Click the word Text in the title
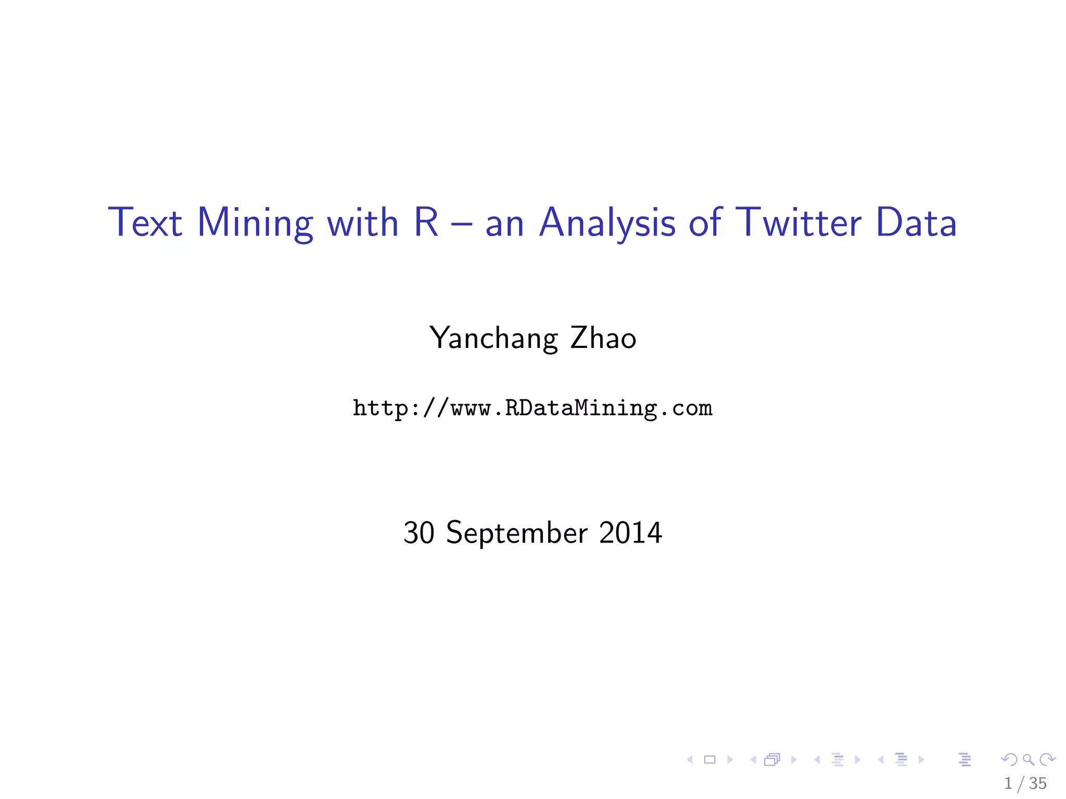pyautogui.click(x=145, y=223)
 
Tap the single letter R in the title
pyautogui.click(x=426, y=223)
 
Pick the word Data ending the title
pyautogui.click(x=916, y=223)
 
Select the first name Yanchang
pyautogui.click(x=493, y=339)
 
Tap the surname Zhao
pyautogui.click(x=603, y=338)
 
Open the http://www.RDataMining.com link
pyautogui.click(x=532, y=408)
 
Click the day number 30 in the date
pyautogui.click(x=418, y=533)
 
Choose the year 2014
pyautogui.click(x=630, y=533)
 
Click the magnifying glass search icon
pyautogui.click(x=1028, y=760)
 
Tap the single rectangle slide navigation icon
pyautogui.click(x=709, y=760)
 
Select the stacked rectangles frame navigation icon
pyautogui.click(x=772, y=760)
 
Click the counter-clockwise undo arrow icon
pyautogui.click(x=1009, y=760)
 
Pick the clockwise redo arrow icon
pyautogui.click(x=1047, y=760)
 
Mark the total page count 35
pyautogui.click(x=1038, y=783)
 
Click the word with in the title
pyautogui.click(x=362, y=223)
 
